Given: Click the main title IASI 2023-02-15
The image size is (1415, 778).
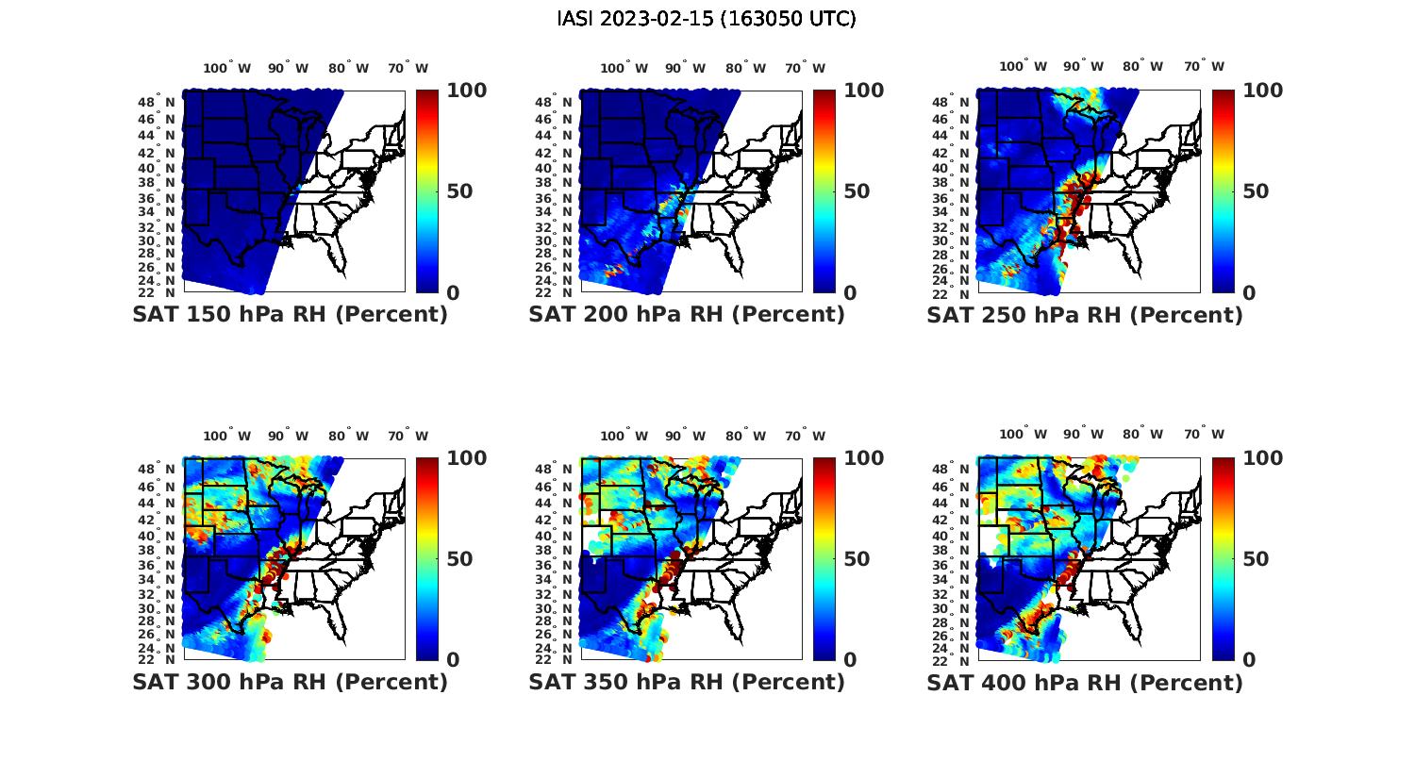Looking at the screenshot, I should point(707,19).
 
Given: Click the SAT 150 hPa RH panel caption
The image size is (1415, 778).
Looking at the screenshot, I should point(290,315).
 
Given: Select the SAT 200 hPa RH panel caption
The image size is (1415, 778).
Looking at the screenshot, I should point(687,315).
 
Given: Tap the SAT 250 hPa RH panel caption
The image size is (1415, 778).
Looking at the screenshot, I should point(1085,315).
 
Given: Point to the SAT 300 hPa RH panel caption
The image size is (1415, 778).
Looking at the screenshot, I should point(290,682).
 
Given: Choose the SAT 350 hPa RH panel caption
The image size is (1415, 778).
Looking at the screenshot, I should point(687,682).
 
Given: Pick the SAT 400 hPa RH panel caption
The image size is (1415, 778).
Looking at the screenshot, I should point(1085,682).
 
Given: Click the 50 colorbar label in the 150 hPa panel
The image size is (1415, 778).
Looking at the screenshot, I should point(459,191).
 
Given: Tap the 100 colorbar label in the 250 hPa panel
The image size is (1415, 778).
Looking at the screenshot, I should point(1263,91).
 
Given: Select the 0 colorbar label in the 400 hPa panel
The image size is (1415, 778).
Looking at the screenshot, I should point(1249,660).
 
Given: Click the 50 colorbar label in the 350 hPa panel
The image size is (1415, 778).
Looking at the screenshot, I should point(857,559).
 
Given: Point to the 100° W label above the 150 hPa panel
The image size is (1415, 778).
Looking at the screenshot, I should point(227,68).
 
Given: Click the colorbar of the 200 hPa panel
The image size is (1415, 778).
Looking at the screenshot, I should point(824,191).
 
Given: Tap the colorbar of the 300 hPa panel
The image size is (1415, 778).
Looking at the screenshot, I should point(427,559).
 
